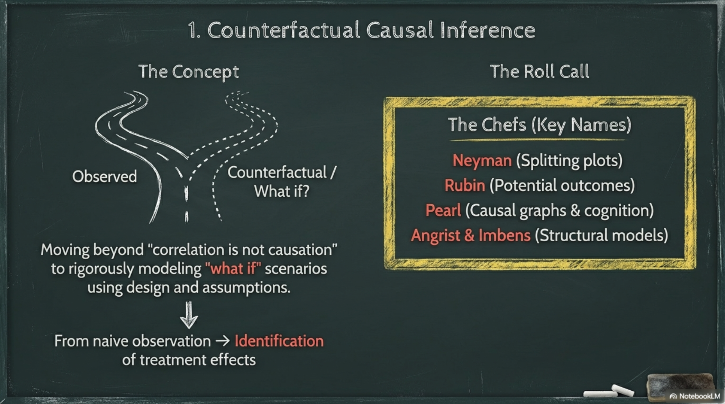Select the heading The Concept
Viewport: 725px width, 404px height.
pos(189,72)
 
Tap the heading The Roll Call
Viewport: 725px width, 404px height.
pos(539,71)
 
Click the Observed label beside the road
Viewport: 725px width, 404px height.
pos(104,177)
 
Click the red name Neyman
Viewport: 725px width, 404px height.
pos(482,160)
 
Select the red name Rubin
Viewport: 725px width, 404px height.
pos(465,185)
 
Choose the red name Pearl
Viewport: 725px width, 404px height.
pos(443,210)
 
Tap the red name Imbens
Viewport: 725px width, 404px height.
pos(504,235)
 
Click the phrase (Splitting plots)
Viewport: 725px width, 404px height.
pos(569,160)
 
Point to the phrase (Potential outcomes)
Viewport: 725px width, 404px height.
pos(562,185)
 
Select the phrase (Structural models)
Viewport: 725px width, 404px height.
pos(601,235)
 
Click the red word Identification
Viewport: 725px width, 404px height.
pos(279,341)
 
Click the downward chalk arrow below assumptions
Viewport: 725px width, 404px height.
pos(189,315)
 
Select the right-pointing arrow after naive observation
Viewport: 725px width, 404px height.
pos(223,341)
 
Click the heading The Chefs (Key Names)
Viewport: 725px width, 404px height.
pos(539,125)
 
